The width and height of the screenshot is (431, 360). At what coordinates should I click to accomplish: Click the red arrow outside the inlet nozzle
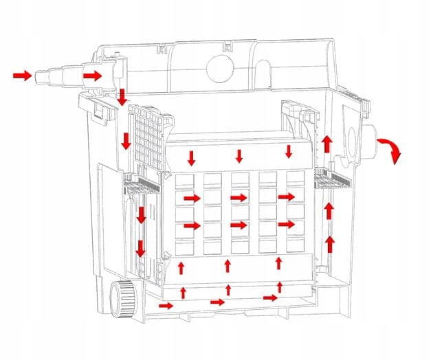(x=23, y=75)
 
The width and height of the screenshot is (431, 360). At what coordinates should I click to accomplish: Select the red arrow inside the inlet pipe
(x=92, y=74)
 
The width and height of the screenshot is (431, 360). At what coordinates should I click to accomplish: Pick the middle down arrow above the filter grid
(x=239, y=156)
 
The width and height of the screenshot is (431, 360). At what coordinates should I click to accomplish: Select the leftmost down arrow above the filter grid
(x=191, y=157)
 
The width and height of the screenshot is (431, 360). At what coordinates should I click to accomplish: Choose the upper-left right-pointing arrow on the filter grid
(x=192, y=198)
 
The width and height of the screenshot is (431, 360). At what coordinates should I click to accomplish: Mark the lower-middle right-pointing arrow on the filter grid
(x=239, y=225)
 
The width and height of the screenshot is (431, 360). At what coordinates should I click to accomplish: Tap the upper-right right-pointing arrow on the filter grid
(x=287, y=197)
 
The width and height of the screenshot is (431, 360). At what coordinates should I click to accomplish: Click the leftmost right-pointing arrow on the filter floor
(x=166, y=305)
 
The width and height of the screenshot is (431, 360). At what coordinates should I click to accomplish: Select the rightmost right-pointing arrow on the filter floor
(x=270, y=297)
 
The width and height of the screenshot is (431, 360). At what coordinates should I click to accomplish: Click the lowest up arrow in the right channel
(x=330, y=243)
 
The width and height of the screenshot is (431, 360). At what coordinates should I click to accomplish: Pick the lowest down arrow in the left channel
(x=140, y=248)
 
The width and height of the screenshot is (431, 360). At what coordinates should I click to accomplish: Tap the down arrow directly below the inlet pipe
(x=122, y=97)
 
